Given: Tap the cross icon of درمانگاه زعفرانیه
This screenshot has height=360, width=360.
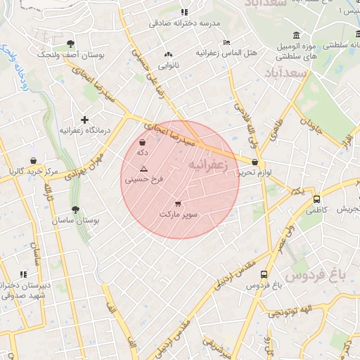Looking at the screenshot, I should pos(85,120).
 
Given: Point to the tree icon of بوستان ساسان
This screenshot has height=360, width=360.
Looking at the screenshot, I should pos(75,210).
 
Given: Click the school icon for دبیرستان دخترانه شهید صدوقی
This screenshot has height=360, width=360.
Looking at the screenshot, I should pos(23,274).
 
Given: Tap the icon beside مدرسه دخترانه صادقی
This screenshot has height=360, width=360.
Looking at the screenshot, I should pos(184,12).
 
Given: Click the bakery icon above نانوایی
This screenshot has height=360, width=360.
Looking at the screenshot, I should pos(167,55).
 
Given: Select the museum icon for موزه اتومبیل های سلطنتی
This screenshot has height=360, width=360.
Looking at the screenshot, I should pos(296,35).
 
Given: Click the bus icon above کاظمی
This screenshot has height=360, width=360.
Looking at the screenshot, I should pos(317,199).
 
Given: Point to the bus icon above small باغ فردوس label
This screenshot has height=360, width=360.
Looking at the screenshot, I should pos(264,275).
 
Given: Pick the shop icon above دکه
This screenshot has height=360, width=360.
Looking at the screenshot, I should pos(143,142).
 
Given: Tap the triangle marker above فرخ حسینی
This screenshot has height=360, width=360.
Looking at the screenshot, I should pos(143,169).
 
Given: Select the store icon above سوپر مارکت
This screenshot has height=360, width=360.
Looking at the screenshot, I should pos(178,202).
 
